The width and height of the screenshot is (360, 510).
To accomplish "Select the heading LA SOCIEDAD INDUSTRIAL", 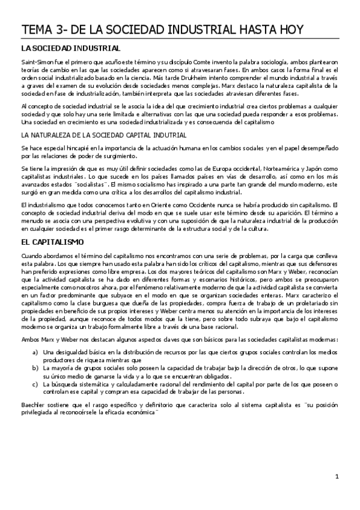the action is pyautogui.click(x=70, y=48).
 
